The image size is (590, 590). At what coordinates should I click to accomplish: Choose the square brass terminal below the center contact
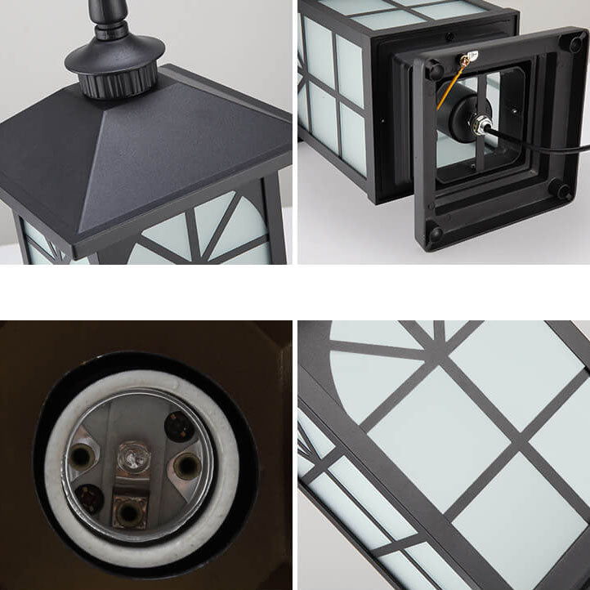(127, 512)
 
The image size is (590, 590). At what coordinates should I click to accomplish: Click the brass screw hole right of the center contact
(186, 465)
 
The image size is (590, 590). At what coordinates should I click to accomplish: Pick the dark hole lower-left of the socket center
(90, 498)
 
